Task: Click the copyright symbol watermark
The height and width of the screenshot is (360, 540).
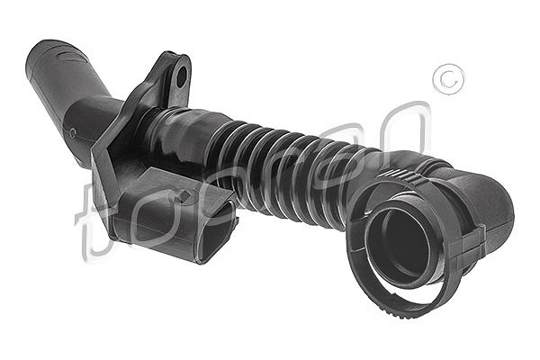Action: [448, 79]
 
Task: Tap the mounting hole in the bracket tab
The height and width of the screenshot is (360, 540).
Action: [182, 76]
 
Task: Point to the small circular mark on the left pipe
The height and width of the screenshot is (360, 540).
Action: [72, 131]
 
